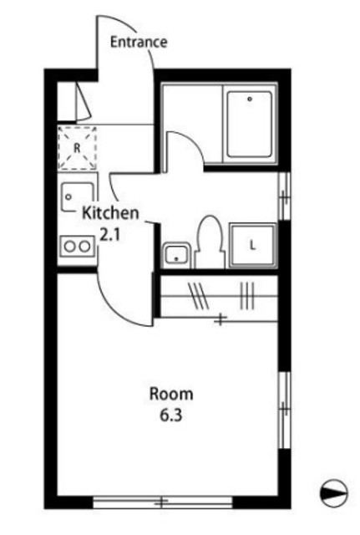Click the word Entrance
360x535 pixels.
tap(139, 42)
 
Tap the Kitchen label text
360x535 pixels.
tap(110, 213)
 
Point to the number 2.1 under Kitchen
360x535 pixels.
tap(110, 235)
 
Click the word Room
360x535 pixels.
tap(171, 394)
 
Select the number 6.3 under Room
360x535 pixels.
tap(171, 415)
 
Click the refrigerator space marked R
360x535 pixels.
tap(77, 148)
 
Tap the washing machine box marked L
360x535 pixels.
tap(252, 245)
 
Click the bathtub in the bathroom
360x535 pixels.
tap(250, 125)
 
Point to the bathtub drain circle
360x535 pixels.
tap(250, 99)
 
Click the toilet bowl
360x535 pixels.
tap(210, 242)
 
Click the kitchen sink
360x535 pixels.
tap(78, 197)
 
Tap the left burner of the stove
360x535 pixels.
tap(70, 247)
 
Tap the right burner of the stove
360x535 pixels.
tap(84, 247)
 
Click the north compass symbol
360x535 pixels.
tap(333, 493)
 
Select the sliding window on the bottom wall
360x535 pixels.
tap(163, 502)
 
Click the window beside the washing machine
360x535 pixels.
tap(284, 196)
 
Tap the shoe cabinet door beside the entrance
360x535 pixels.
tap(83, 102)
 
